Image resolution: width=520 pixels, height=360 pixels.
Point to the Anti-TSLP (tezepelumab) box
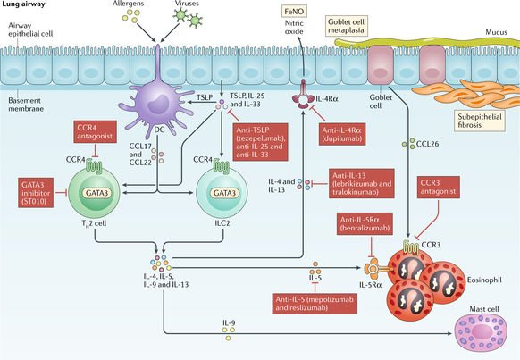[269, 139]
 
